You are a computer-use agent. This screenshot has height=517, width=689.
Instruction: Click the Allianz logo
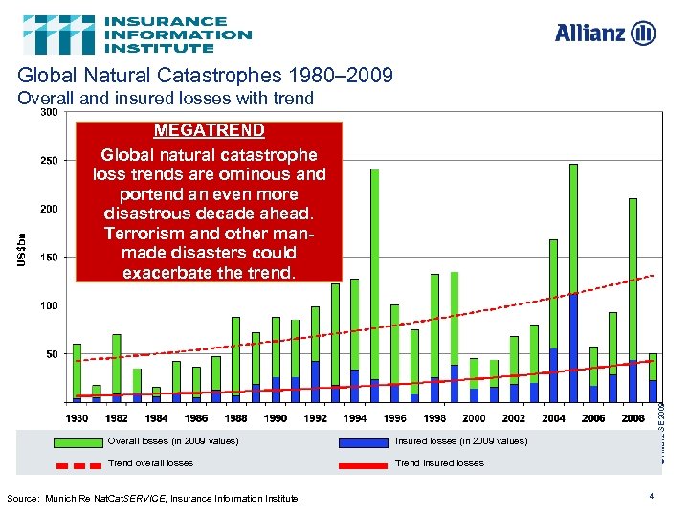coord(605,34)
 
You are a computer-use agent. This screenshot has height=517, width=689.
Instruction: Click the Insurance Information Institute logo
coord(138,34)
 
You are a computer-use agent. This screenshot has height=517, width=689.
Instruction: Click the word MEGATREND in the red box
coord(210,129)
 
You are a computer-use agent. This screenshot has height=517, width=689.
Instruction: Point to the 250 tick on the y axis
coord(48,160)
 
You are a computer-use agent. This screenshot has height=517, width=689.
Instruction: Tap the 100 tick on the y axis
coord(48,305)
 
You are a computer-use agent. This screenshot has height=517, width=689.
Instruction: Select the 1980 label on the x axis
coord(78,418)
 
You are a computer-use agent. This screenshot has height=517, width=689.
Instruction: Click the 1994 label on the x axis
coord(355,418)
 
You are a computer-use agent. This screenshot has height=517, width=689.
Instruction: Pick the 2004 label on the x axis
coord(553,418)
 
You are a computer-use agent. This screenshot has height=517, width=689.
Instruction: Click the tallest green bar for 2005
coord(573,230)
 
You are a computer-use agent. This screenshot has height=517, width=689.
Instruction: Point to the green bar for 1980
coord(78,369)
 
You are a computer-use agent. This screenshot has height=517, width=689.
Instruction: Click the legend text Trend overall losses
coord(151,463)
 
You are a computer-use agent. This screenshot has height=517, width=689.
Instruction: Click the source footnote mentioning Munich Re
coord(153,498)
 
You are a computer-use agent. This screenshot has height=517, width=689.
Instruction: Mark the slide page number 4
coord(650,496)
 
